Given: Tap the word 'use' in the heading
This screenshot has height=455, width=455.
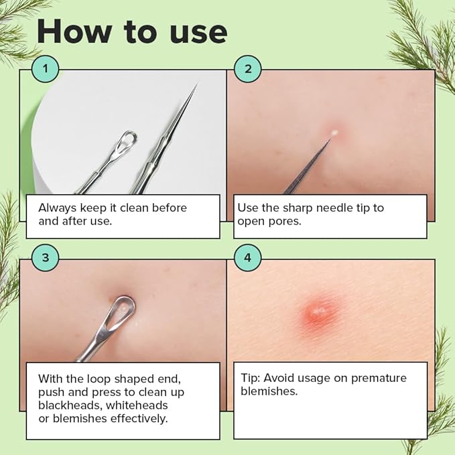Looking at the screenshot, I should click(x=195, y=31).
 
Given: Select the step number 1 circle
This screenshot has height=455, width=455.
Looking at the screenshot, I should click(x=46, y=68).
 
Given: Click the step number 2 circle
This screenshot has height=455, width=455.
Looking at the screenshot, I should click(x=248, y=68).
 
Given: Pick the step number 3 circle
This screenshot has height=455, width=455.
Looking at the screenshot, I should click(x=46, y=257).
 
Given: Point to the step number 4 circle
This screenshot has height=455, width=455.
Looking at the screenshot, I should click(x=248, y=257).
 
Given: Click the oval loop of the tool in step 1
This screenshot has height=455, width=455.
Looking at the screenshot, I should click(x=125, y=141).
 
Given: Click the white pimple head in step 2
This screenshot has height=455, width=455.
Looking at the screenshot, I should click(x=333, y=133).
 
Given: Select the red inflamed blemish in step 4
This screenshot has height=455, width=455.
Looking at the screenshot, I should click(x=319, y=312).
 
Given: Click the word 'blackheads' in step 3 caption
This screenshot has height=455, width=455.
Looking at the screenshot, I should click(x=69, y=405).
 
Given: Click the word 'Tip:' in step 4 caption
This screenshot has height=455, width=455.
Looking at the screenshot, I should click(x=251, y=378).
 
